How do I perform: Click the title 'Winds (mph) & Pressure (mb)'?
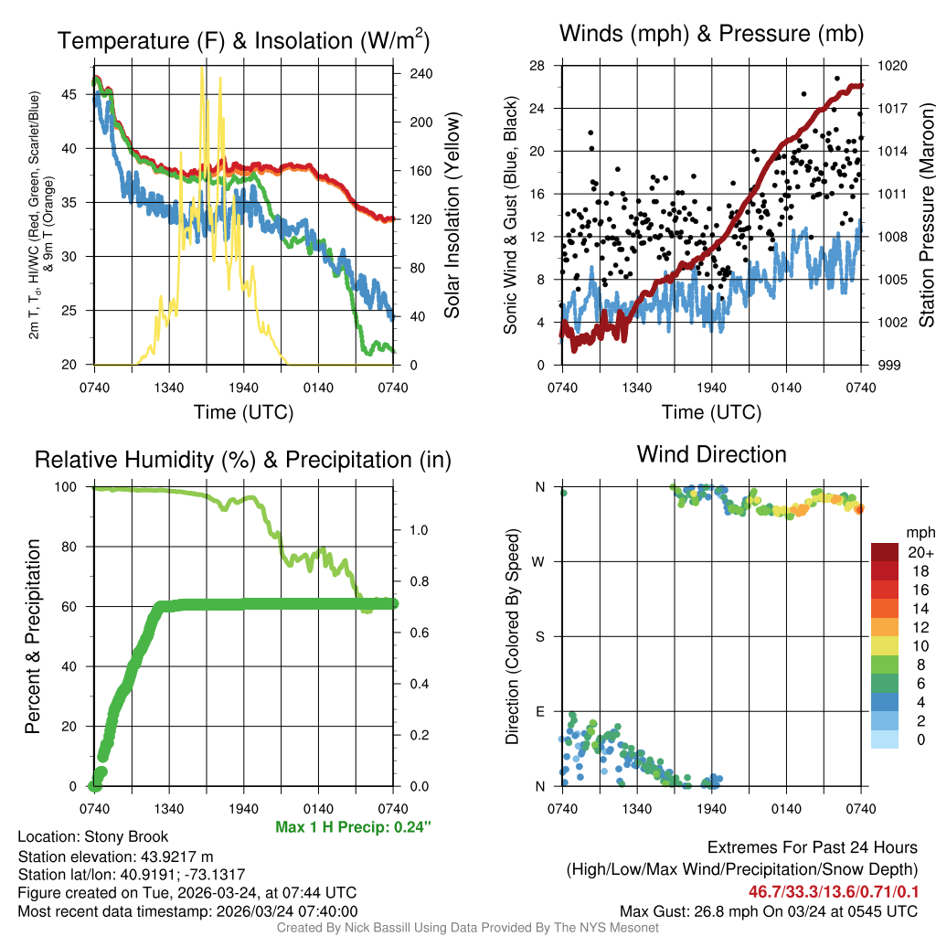[711, 34]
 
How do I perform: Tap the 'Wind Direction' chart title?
[711, 454]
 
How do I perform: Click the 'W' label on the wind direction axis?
[538, 561]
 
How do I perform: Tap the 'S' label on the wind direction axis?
[539, 636]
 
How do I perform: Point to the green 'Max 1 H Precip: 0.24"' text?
[353, 827]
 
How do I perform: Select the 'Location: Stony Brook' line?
[93, 836]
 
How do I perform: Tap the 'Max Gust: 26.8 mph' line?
[768, 911]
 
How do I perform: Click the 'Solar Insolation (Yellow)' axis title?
[452, 216]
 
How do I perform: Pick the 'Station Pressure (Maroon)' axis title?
[925, 216]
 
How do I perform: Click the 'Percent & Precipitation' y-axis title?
[33, 636]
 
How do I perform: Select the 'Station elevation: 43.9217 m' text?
[115, 856]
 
